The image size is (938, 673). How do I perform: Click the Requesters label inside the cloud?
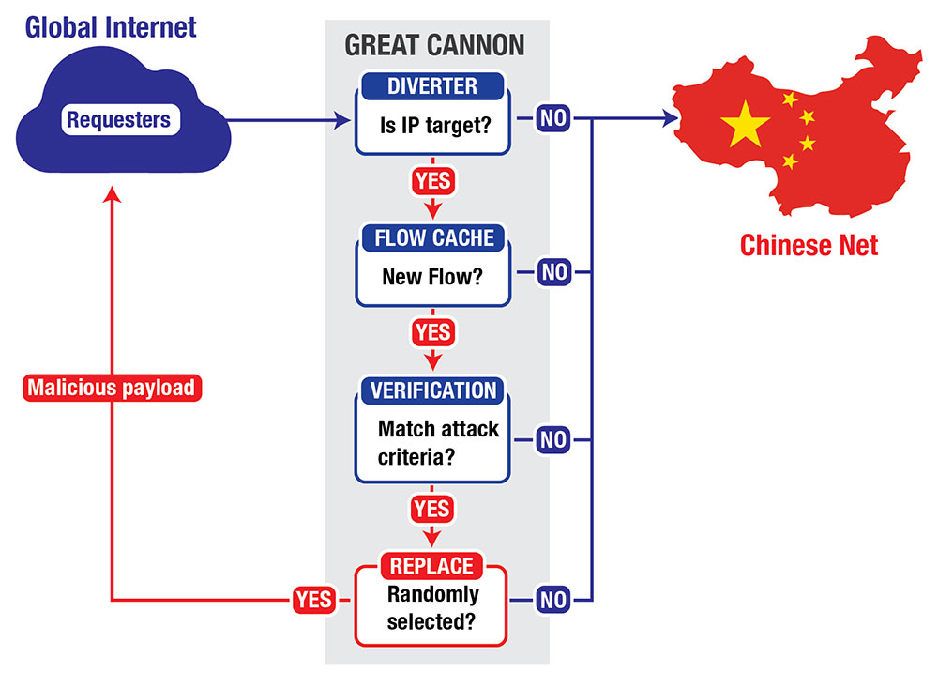[118, 120]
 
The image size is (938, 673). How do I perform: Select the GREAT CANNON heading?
[434, 45]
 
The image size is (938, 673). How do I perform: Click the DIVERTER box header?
[432, 86]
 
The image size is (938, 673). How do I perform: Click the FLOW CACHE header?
[432, 237]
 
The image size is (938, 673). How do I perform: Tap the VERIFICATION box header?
[432, 390]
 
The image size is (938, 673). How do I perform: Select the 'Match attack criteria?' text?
[438, 442]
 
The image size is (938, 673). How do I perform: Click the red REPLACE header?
[432, 566]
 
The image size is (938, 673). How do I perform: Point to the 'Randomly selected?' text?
[432, 607]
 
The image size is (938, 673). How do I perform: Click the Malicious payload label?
[113, 387]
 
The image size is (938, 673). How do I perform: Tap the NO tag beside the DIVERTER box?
[554, 120]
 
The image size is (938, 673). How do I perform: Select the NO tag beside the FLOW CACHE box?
[554, 273]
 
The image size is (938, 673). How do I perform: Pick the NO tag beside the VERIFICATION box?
[554, 438]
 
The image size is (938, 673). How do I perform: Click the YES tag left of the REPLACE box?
[313, 600]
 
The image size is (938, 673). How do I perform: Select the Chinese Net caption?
[809, 245]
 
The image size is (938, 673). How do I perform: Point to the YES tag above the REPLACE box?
[432, 510]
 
